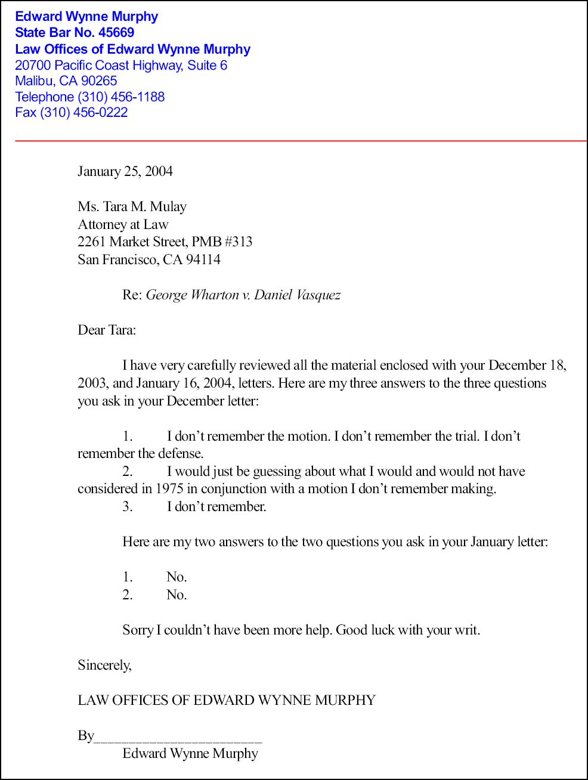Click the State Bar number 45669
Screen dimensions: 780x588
(116, 33)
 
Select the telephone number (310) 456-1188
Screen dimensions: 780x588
(121, 97)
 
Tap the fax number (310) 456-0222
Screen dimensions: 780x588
(84, 113)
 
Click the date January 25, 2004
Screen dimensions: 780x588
(125, 172)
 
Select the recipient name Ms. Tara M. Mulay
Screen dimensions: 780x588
(132, 207)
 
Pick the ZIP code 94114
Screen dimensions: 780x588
(203, 260)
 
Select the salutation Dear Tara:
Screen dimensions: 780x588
(107, 330)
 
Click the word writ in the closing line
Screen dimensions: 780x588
(466, 630)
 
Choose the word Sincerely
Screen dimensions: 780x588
(104, 666)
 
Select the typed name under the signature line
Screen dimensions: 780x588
(190, 754)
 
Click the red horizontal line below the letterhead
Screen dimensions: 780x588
(298, 141)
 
